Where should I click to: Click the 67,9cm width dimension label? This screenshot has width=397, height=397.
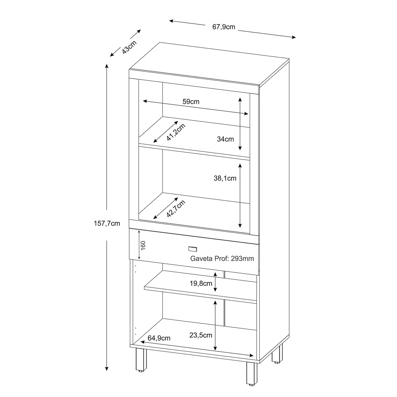[224, 27]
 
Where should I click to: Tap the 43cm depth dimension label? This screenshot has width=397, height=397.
[129, 46]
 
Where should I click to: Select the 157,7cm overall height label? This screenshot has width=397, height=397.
[107, 223]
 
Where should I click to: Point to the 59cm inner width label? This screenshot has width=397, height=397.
[191, 101]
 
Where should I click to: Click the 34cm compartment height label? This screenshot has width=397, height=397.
[225, 139]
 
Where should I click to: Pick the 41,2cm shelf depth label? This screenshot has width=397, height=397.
[176, 132]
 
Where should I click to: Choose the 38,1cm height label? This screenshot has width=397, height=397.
[225, 178]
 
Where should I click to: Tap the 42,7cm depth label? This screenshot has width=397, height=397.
[176, 209]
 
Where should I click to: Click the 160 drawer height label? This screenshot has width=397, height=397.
[144, 245]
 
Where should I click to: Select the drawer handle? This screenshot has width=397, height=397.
[193, 249]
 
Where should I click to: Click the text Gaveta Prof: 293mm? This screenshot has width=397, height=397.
[222, 258]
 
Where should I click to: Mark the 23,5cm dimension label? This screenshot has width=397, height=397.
[201, 335]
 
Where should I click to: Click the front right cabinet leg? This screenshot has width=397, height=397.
[252, 374]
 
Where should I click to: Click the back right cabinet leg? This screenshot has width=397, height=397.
[278, 353]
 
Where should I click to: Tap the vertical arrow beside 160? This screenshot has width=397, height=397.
[139, 245]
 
